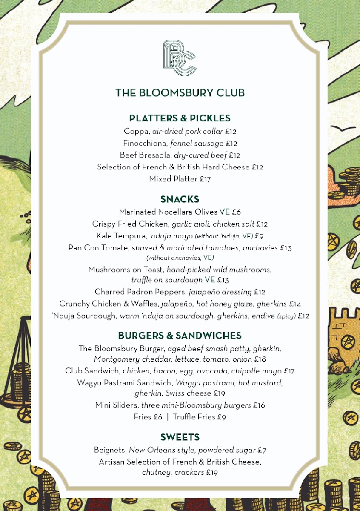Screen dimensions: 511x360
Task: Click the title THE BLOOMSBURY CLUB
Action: click(180, 93)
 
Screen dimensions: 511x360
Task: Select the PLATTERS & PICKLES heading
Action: click(180, 118)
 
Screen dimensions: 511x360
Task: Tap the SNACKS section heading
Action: click(180, 199)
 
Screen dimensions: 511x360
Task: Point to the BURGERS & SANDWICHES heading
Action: click(180, 336)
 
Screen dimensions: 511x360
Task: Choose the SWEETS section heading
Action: click(180, 437)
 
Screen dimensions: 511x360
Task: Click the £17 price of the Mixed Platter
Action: click(205, 179)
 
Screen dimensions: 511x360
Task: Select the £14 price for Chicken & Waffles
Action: click(295, 304)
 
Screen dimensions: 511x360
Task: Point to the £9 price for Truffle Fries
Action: click(221, 417)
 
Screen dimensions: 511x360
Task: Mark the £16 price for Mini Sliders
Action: click(259, 405)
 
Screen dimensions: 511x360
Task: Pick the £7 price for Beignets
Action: click(262, 450)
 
